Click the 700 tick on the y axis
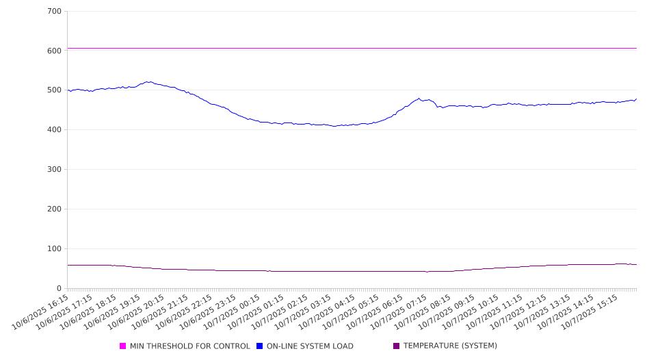55,11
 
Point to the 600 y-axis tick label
55,51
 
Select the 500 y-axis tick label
55,90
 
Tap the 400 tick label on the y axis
55,130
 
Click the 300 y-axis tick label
55,170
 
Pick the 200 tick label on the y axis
55,209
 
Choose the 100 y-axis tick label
55,249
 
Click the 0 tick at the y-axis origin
60,289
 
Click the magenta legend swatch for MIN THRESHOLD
123,346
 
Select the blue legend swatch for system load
260,346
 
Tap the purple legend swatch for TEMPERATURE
397,346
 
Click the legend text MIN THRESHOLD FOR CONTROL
189,346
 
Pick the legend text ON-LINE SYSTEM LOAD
310,346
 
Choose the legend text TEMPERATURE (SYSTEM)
450,346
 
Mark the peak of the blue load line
147,81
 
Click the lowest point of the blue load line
334,127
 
